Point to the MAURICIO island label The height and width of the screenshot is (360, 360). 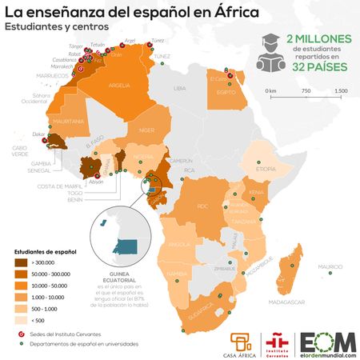[x=330, y=266]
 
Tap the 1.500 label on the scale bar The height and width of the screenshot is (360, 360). [x=340, y=90]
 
